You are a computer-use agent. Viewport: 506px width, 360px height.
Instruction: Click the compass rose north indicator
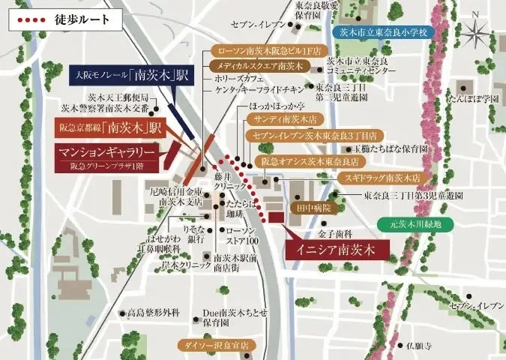(x=478, y=31)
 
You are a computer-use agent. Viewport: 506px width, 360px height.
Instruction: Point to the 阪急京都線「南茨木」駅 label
(x=109, y=128)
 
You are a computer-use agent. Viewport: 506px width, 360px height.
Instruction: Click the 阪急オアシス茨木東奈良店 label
(x=309, y=161)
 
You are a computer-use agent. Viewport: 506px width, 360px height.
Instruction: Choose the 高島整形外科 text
(x=153, y=312)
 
